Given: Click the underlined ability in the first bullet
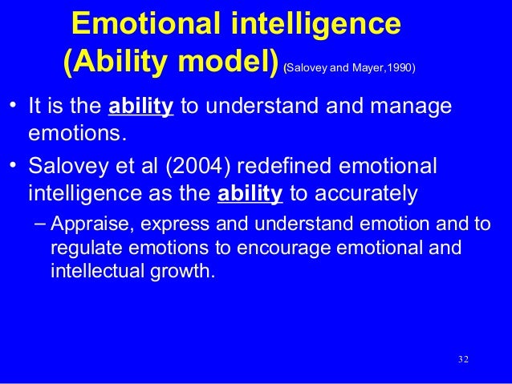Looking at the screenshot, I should click(141, 107).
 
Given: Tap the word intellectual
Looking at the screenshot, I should click(92, 270).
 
